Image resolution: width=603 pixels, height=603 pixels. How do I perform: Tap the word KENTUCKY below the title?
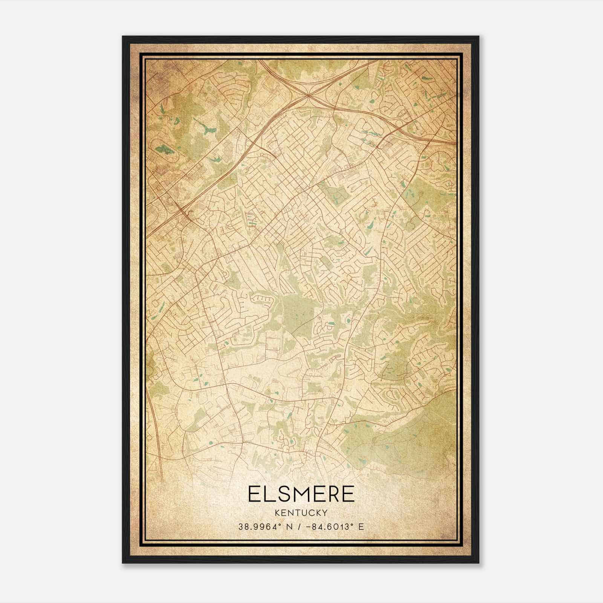[301, 513]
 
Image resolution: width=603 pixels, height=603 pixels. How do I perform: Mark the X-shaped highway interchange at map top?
[309, 95]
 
